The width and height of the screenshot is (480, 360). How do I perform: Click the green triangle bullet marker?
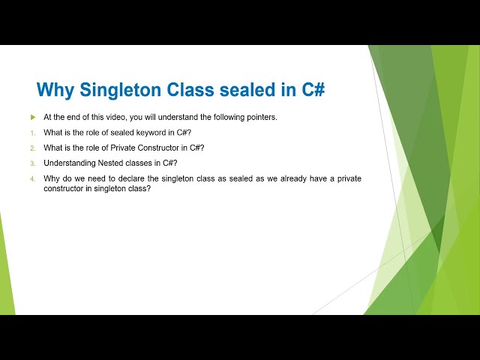(x=33, y=117)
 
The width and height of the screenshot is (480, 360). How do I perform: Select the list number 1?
(x=33, y=133)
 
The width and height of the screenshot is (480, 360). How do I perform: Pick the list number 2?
(x=33, y=148)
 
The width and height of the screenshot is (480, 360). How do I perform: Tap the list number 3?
(x=33, y=163)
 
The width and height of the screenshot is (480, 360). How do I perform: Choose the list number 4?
(x=33, y=178)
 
